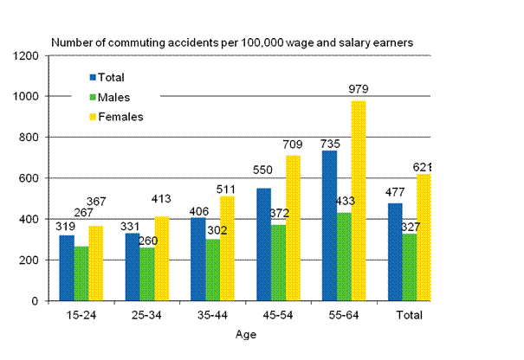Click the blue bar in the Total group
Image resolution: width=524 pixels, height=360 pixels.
(x=394, y=252)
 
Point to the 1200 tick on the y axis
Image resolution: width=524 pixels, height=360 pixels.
(x=28, y=55)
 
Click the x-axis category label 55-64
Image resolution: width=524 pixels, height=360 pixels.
(x=340, y=316)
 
